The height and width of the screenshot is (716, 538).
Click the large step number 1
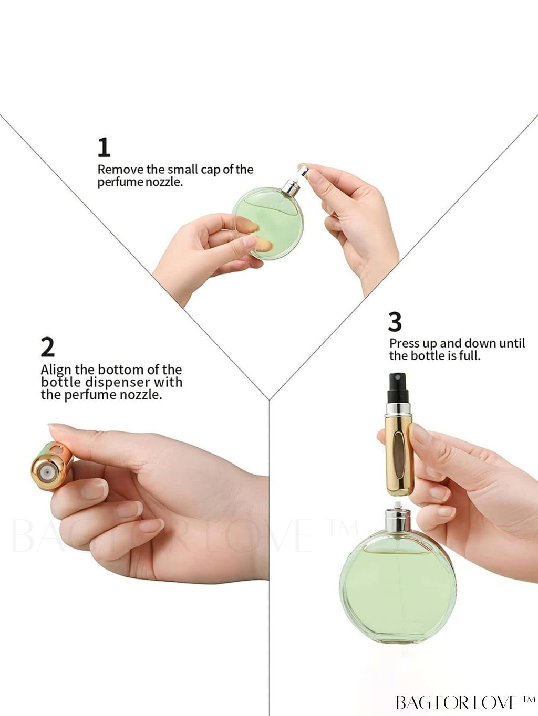tap(104, 148)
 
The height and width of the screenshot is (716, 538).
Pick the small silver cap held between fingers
tap(304, 171)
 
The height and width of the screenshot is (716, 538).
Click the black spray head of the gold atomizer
tap(398, 387)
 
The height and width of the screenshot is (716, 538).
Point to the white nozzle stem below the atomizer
tap(398, 504)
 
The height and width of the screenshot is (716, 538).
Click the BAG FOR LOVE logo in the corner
tap(465, 702)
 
